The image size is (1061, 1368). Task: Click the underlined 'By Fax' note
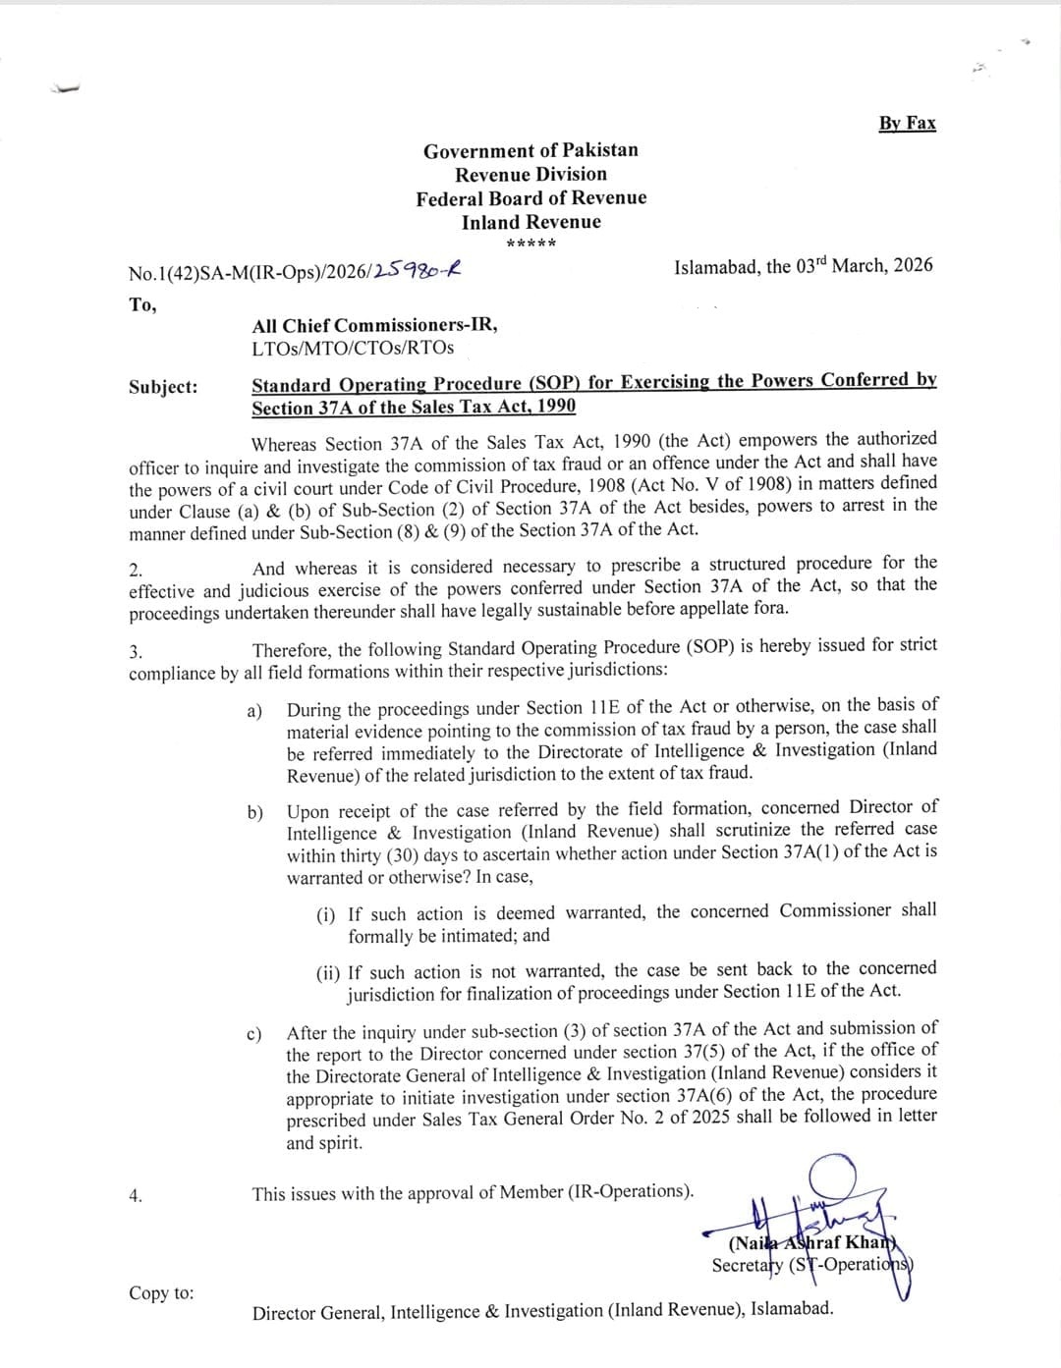point(907,123)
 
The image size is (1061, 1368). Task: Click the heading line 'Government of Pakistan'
point(530,150)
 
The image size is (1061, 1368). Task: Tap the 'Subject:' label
point(163,387)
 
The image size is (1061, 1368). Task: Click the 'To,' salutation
point(142,304)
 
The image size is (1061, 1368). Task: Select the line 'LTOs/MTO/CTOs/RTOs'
point(353,348)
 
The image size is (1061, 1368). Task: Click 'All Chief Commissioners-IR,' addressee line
point(374,325)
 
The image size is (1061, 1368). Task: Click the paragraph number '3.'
point(136,652)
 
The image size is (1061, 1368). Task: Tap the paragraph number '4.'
point(136,1195)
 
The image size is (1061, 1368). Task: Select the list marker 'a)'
point(254,710)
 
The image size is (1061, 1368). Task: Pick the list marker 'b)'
point(255,812)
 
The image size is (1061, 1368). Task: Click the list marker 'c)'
point(254,1034)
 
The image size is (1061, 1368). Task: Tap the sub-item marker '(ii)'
point(328,973)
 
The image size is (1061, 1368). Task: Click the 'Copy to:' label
point(161,1292)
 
